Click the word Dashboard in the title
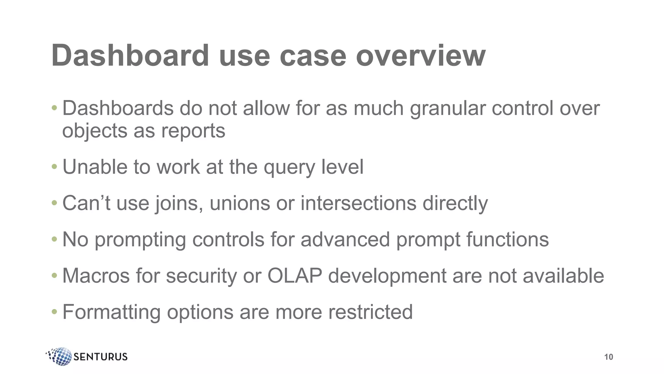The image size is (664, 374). (130, 56)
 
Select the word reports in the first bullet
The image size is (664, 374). (193, 131)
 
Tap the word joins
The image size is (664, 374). (179, 204)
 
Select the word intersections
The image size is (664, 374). (358, 203)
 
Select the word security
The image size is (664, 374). (202, 277)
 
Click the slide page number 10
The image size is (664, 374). (609, 357)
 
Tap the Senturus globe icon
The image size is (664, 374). (60, 356)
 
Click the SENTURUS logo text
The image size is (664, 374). (101, 357)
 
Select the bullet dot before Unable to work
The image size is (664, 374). (54, 167)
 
